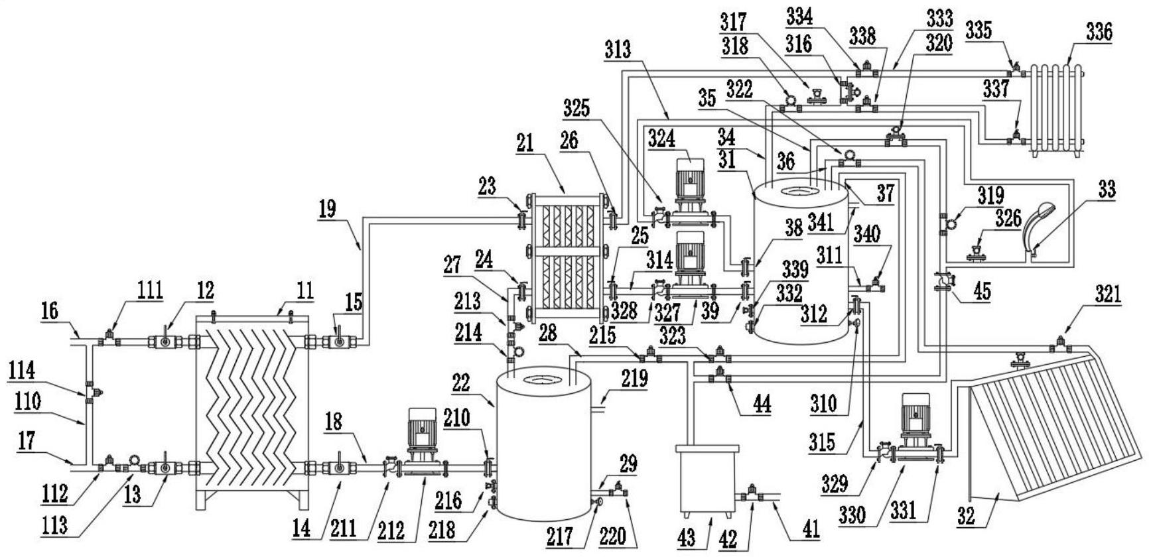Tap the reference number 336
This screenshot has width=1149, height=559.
tap(1099, 31)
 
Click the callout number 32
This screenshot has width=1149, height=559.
tap(966, 517)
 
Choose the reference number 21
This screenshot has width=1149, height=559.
tap(525, 144)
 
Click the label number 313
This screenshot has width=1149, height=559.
tap(618, 49)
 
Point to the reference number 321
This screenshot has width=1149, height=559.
tap(1109, 294)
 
